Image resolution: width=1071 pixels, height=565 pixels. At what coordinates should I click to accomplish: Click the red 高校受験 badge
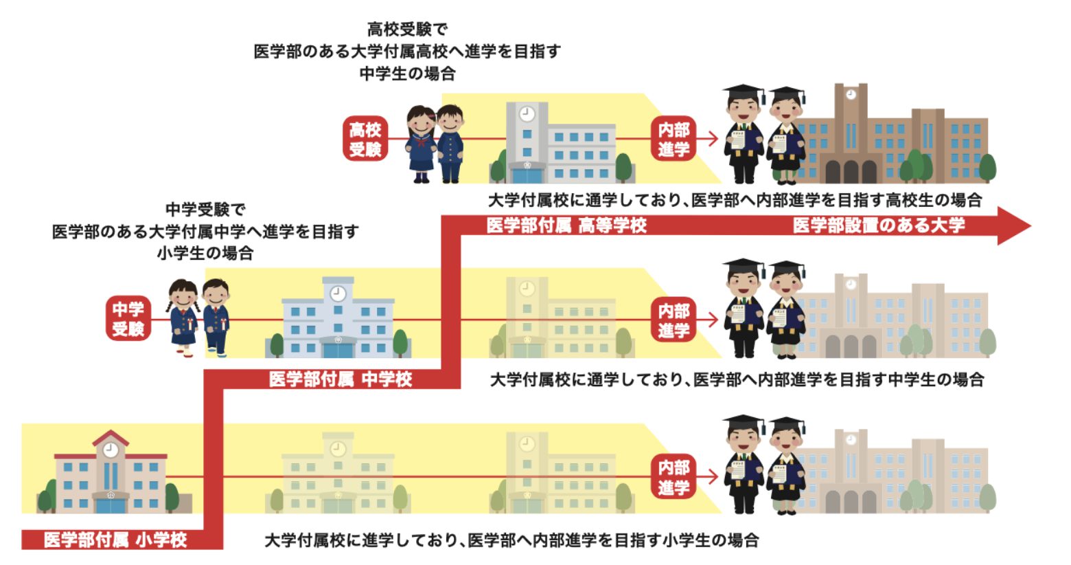365,140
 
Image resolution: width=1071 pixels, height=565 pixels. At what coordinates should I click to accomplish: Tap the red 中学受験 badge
128,319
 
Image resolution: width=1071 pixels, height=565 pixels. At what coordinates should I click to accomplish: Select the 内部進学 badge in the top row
673,140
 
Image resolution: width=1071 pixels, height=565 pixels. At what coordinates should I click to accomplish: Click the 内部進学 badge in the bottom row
673,477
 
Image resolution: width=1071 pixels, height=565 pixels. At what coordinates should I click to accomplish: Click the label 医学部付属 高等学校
566,225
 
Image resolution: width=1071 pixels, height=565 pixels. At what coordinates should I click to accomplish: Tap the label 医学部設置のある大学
879,225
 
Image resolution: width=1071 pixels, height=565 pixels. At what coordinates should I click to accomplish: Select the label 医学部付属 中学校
341,379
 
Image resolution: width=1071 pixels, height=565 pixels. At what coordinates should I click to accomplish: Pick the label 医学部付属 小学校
115,540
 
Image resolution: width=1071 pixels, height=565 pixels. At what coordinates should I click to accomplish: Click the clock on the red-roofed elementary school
111,450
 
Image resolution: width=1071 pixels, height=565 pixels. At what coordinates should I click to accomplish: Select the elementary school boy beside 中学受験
216,316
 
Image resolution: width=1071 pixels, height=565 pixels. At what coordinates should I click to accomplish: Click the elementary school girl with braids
183,316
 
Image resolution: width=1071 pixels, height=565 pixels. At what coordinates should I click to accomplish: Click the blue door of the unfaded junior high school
338,350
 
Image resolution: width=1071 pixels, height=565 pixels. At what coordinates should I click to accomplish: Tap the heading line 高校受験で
406,30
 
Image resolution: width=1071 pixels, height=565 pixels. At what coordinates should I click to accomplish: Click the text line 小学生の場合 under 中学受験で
205,253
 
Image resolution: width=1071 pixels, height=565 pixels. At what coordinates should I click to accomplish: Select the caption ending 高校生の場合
735,200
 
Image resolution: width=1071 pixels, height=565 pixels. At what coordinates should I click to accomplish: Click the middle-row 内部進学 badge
673,320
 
